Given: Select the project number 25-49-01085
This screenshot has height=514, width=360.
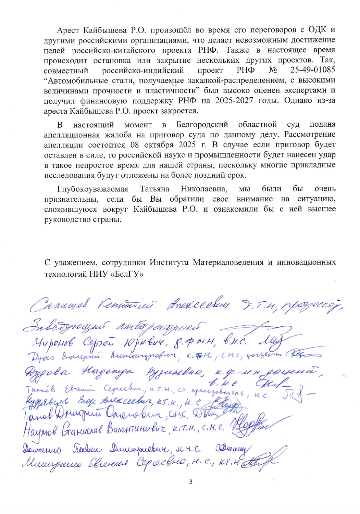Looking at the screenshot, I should tap(312, 70).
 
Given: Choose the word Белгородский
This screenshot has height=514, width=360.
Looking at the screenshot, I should tap(202, 124).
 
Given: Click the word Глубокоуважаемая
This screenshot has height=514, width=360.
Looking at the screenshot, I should tap(92, 189).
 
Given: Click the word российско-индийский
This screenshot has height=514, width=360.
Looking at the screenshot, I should tap(143, 70).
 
